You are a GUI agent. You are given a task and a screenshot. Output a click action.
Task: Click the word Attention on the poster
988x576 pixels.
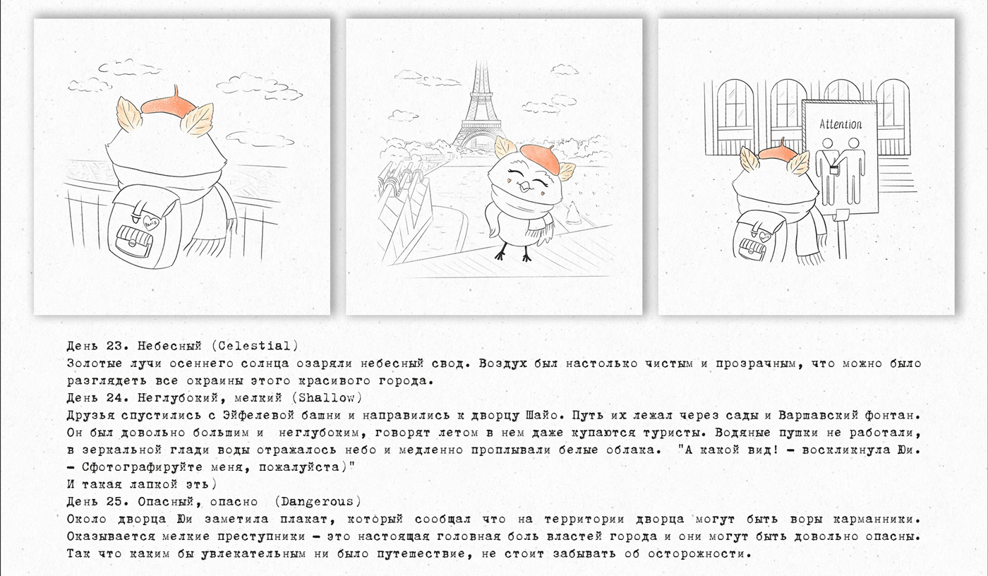point(841,124)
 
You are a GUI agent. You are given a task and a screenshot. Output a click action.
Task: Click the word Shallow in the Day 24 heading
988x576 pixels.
point(327,398)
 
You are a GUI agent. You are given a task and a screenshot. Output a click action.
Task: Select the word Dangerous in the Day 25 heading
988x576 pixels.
point(317,501)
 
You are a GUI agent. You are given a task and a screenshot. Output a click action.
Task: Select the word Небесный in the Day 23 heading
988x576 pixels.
point(169,346)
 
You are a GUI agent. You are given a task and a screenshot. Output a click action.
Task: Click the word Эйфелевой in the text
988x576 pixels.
point(259,416)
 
